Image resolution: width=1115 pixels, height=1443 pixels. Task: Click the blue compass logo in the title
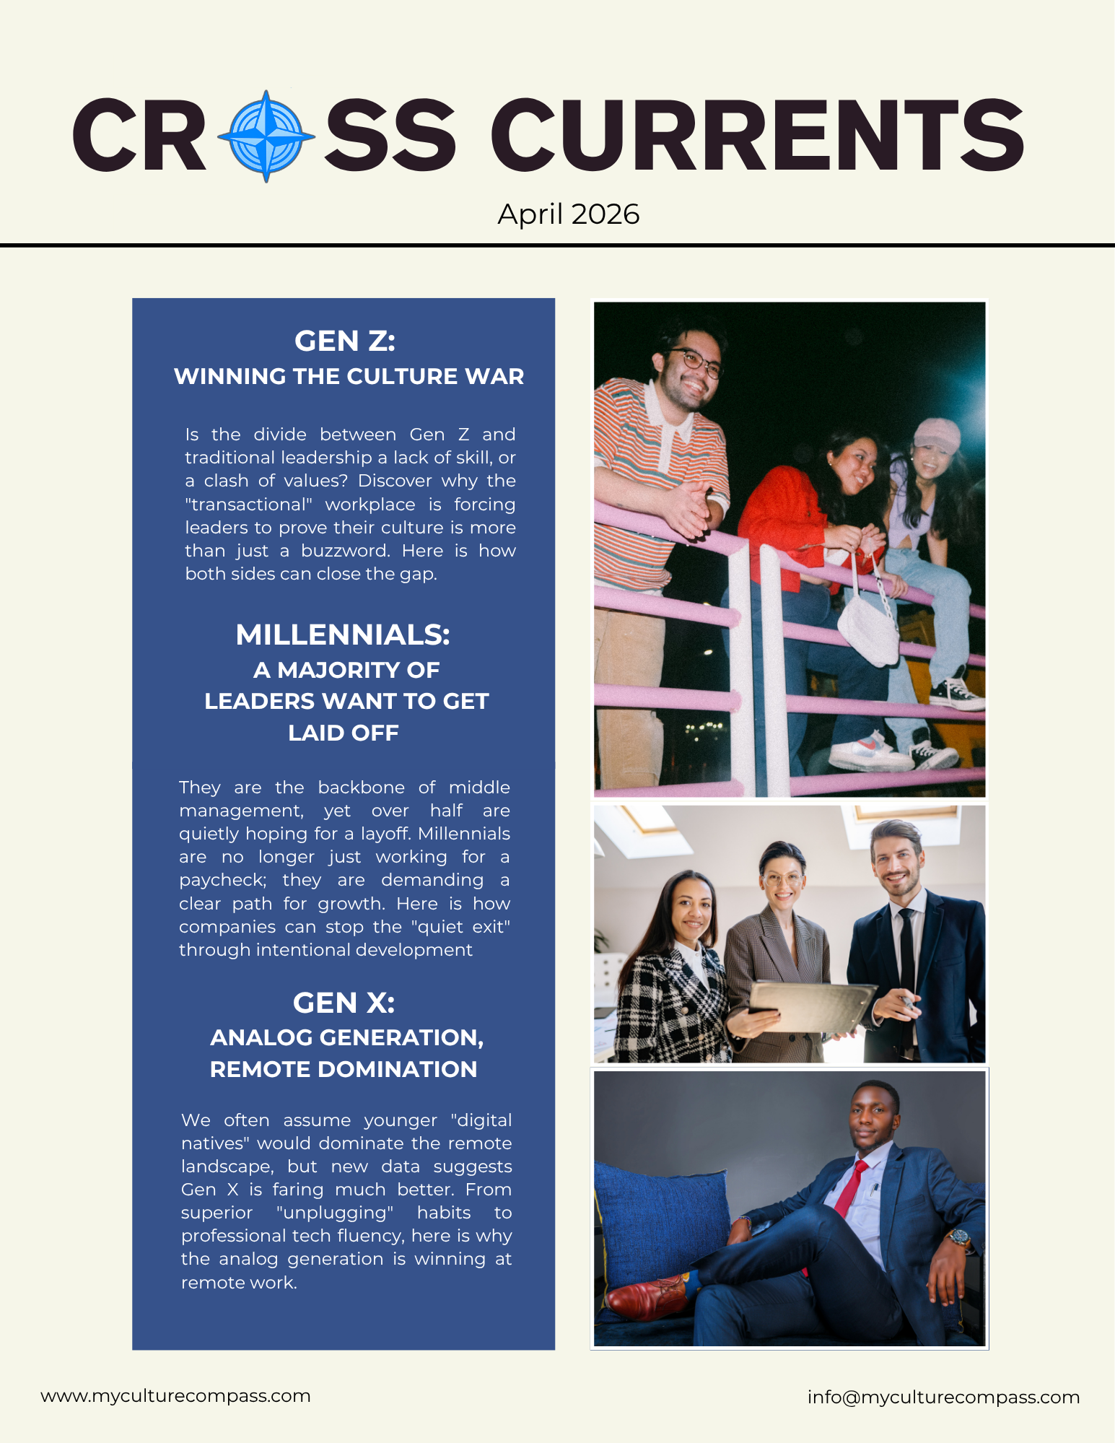(266, 136)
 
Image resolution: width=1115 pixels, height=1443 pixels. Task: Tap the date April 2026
(568, 214)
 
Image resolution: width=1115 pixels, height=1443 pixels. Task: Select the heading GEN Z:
(344, 341)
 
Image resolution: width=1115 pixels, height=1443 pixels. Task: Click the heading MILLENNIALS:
(343, 635)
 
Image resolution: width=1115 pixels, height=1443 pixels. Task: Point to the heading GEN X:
(344, 1003)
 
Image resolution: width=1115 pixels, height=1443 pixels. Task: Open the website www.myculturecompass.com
(175, 1395)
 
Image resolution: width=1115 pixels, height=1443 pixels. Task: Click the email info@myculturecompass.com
(943, 1397)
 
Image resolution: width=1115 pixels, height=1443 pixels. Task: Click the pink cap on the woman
(937, 432)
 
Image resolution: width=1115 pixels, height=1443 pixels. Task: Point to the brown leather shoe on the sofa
(646, 1296)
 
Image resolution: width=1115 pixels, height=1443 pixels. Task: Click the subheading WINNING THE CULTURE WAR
(349, 376)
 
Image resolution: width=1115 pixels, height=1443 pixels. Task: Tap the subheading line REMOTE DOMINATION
(344, 1069)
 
